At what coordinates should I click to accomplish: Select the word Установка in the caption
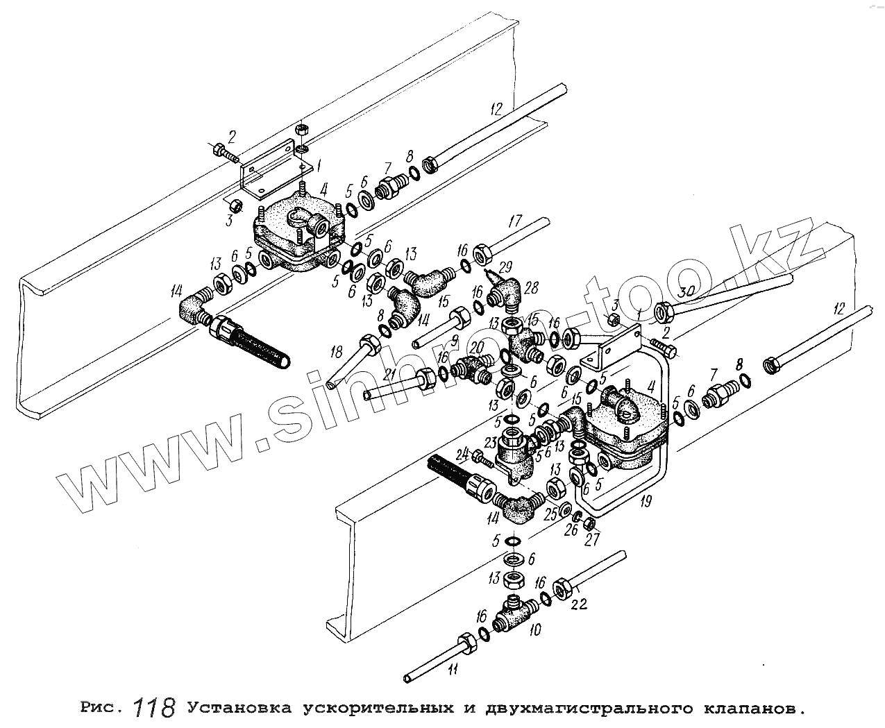pyautogui.click(x=239, y=709)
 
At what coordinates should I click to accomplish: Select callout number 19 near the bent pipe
pyautogui.click(x=646, y=501)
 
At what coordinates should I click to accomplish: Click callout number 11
pyautogui.click(x=453, y=670)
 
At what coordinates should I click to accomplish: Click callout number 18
pyautogui.click(x=338, y=349)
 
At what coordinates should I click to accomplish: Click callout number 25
pyautogui.click(x=551, y=514)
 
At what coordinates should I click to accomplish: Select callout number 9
pyautogui.click(x=454, y=340)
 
